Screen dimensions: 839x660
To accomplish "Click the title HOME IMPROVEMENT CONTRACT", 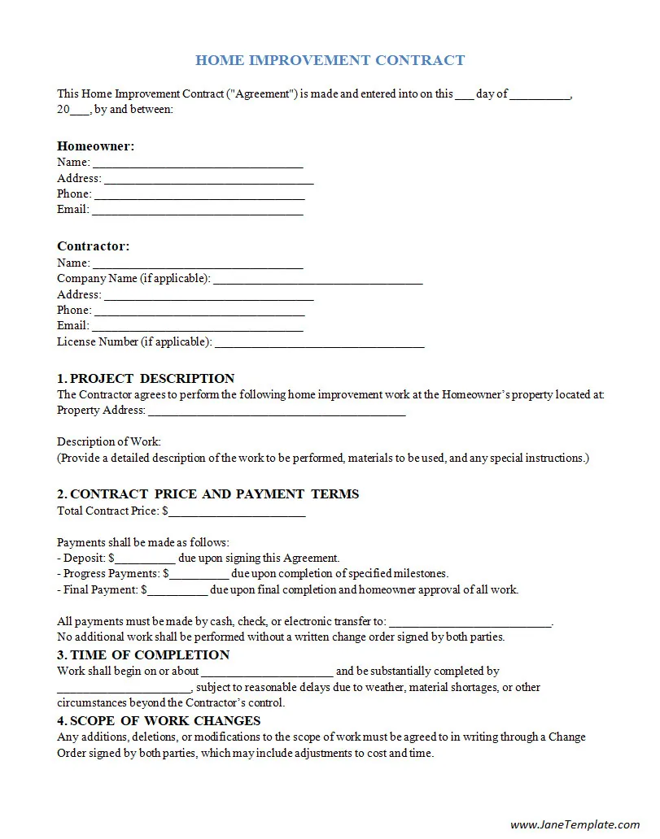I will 330,60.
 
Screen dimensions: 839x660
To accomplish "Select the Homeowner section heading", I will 95,146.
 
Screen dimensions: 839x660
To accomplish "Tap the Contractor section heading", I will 93,246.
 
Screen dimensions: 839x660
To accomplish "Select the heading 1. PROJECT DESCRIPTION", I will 146,379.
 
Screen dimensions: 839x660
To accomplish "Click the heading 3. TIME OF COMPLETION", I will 143,655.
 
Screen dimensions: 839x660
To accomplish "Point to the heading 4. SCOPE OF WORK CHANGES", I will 159,721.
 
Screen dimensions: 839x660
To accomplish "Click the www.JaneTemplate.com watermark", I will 575,824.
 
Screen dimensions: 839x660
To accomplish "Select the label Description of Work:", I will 109,442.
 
